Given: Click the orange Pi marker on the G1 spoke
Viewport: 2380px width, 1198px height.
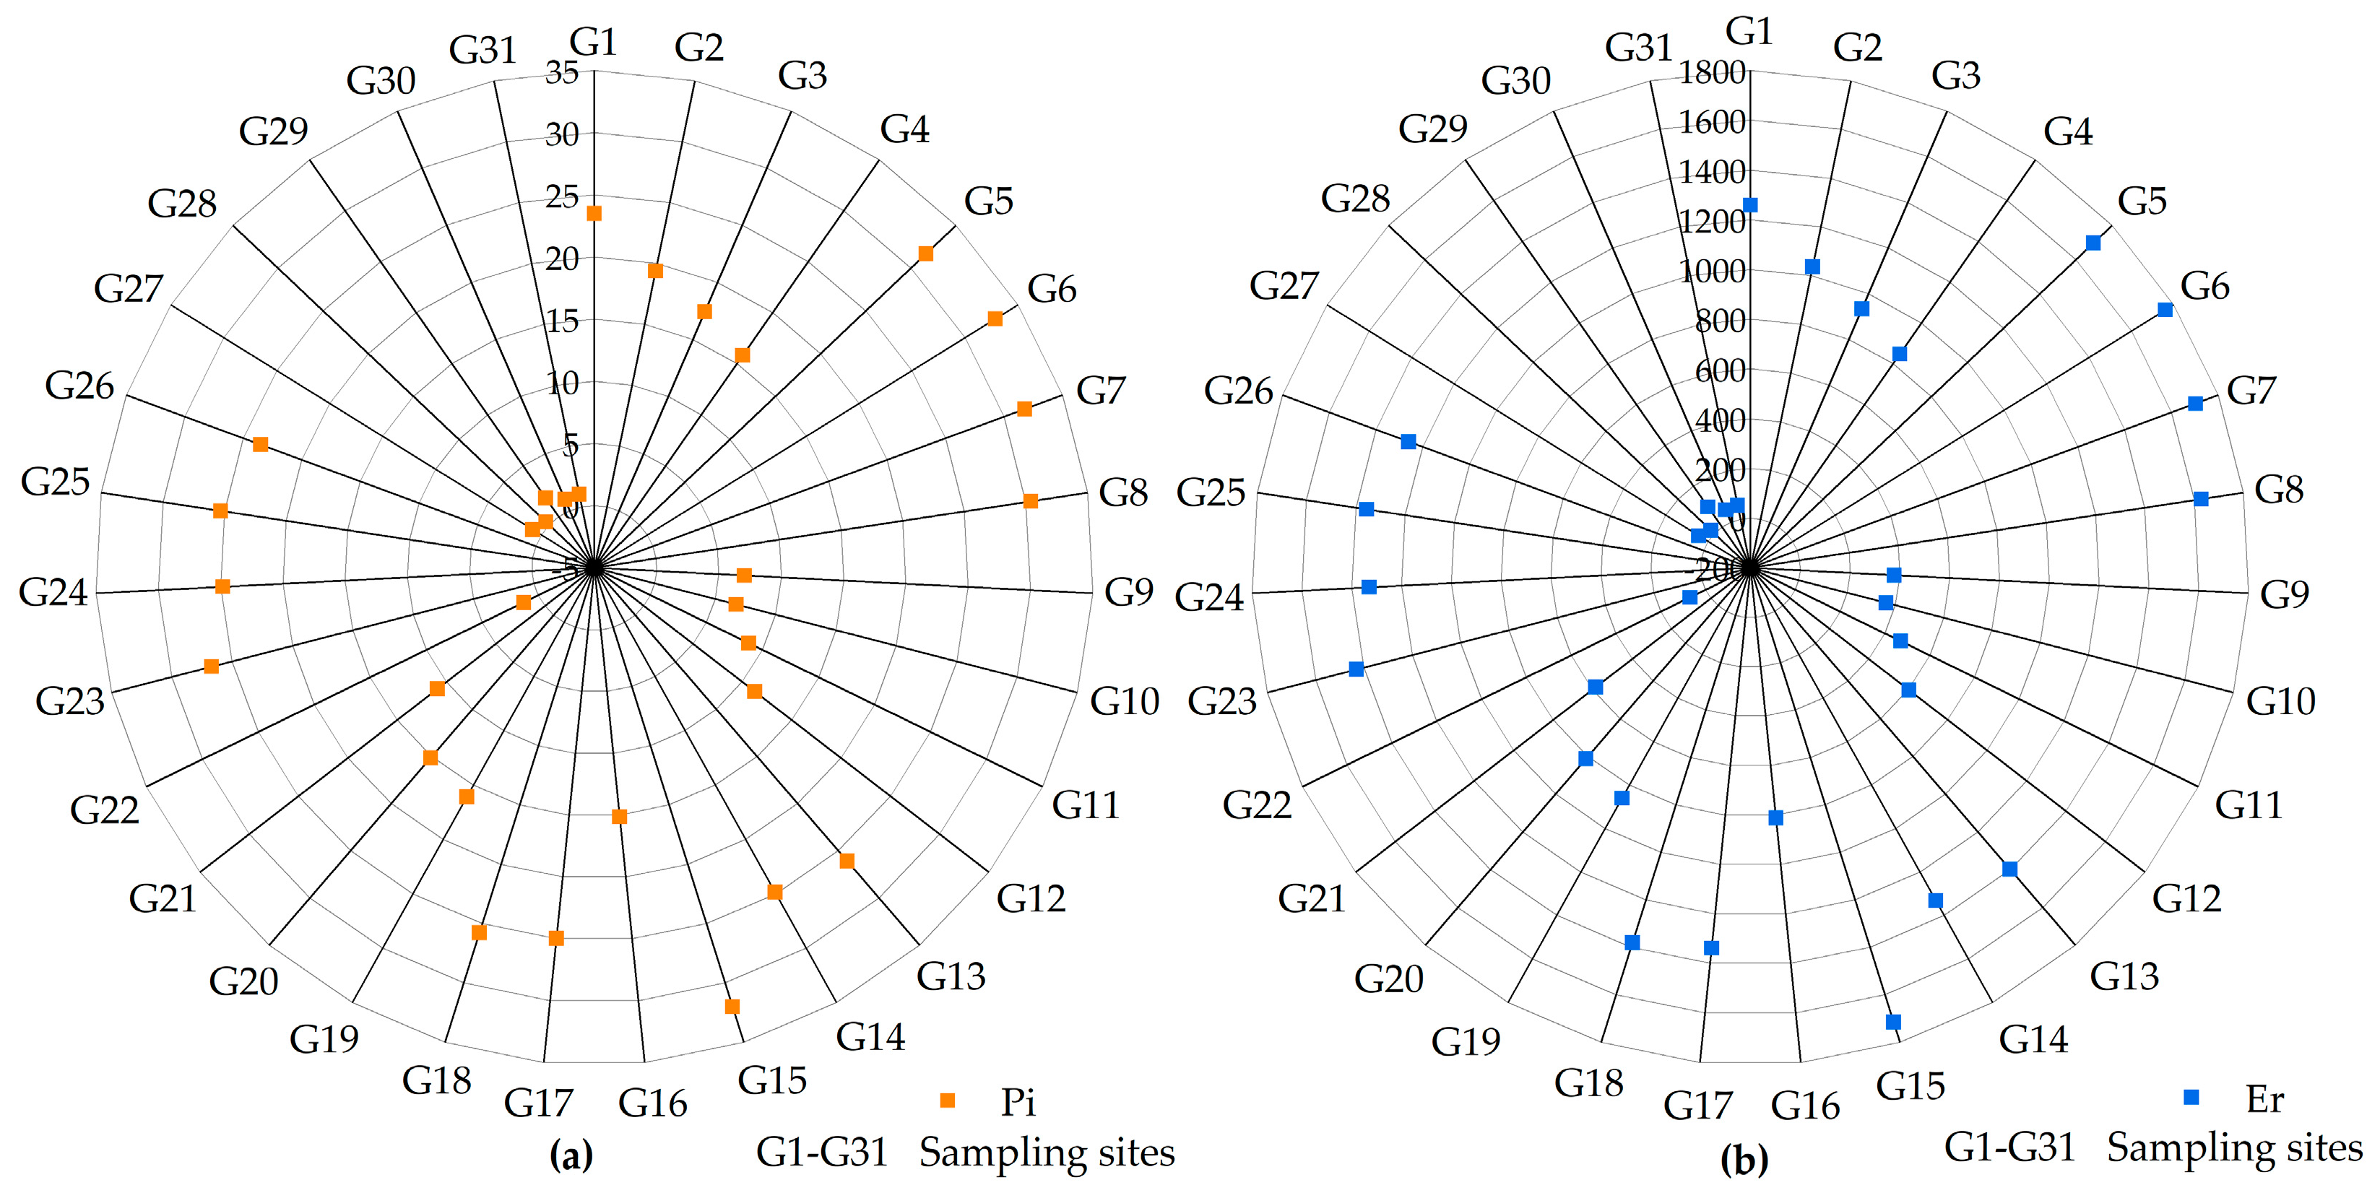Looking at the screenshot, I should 594,213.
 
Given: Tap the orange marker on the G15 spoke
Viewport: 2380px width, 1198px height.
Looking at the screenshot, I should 732,1006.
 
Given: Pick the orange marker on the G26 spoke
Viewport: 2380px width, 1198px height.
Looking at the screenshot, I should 261,444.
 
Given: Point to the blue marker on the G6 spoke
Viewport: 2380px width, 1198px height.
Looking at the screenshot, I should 2165,310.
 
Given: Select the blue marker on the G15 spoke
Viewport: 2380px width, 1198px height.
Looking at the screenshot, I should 1893,1022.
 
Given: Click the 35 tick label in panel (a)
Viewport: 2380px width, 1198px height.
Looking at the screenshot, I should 562,72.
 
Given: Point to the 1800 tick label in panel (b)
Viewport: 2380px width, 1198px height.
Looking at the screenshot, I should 1712,72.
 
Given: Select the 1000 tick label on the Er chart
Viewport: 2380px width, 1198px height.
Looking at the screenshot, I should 1712,272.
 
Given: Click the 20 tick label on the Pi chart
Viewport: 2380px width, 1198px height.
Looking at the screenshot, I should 562,259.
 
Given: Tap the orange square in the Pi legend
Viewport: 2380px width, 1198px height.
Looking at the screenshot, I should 947,1100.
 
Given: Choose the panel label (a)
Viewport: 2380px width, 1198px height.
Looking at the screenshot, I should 571,1155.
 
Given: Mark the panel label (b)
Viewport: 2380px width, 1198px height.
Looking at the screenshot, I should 1744,1159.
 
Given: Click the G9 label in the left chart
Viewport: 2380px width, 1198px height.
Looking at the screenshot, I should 1129,592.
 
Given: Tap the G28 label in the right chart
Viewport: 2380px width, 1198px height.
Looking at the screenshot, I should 1355,199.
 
